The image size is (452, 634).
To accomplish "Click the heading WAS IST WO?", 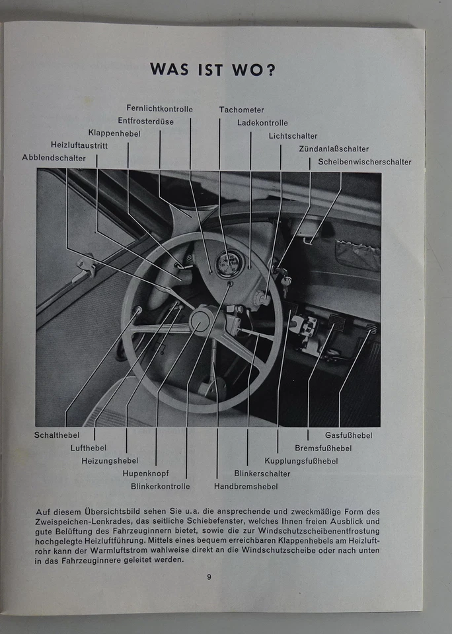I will click(x=213, y=69).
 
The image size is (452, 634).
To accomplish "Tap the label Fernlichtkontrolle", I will click(x=160, y=108).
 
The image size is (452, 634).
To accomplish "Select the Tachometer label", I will click(x=241, y=110).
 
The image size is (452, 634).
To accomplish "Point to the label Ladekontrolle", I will click(x=262, y=122).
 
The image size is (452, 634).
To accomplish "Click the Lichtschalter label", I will click(x=293, y=135).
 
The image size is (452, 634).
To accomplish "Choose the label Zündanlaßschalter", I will click(x=334, y=149).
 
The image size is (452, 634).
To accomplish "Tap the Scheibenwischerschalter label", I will click(x=364, y=162).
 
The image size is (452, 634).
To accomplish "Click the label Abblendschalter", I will click(x=54, y=158).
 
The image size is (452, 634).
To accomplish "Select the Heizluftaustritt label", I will click(x=79, y=145).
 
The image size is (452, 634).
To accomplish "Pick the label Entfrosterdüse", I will click(x=147, y=120).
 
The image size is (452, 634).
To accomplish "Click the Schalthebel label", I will click(x=57, y=435).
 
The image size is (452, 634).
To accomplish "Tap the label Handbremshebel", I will click(x=245, y=486).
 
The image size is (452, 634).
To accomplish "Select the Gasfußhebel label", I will click(x=348, y=435).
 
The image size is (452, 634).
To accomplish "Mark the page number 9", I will click(x=209, y=577).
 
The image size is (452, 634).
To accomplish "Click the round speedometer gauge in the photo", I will click(x=229, y=265).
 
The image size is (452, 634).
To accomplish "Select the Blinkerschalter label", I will click(x=262, y=473).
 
